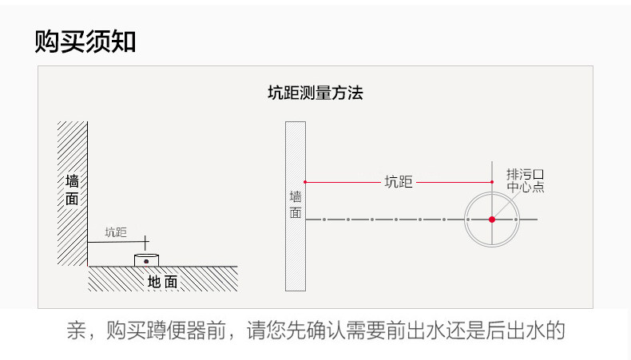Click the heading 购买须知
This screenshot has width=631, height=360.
pos(85,42)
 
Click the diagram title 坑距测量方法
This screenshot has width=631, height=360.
pos(315,93)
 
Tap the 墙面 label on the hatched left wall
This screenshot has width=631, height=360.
pos(72,190)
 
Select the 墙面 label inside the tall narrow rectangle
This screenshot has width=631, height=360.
pos(296,204)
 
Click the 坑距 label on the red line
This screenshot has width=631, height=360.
pos(399,182)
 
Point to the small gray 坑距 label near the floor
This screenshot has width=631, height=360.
pos(116,232)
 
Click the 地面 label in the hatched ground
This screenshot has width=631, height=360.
pos(163,282)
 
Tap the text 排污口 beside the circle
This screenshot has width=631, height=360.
pos(525,174)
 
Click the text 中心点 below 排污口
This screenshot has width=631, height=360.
pos(525,188)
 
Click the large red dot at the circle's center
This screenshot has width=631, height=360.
pos(492,219)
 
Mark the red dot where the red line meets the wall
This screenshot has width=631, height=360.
pos(305,182)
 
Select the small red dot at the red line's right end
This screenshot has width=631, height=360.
pos(492,182)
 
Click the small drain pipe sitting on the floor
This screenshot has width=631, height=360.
pos(146,260)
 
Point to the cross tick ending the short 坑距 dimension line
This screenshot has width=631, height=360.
pos(145,239)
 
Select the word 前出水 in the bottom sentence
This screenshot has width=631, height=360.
pos(431,330)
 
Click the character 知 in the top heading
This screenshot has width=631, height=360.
pos(123,42)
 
